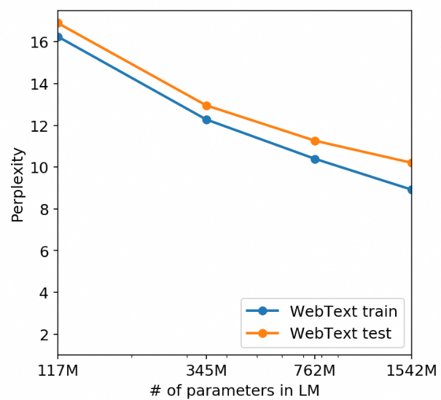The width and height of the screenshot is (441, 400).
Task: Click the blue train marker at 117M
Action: pyautogui.click(x=58, y=36)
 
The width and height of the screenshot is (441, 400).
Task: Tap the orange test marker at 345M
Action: pyautogui.click(x=207, y=106)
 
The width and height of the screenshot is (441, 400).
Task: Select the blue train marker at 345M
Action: pyautogui.click(x=207, y=119)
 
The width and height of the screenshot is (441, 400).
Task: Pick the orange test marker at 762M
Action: pyautogui.click(x=315, y=141)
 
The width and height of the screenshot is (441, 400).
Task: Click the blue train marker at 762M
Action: pyautogui.click(x=315, y=159)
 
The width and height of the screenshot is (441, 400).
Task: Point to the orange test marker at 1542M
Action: pyautogui.click(x=411, y=162)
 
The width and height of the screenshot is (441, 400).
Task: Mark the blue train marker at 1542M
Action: pyautogui.click(x=411, y=189)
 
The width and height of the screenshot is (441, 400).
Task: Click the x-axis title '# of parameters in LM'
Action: pyautogui.click(x=234, y=391)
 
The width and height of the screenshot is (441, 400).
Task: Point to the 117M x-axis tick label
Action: pyautogui.click(x=58, y=371)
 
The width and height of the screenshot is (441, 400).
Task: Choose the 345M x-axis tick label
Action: pyautogui.click(x=207, y=371)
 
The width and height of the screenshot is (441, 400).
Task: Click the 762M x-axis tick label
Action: pyautogui.click(x=315, y=371)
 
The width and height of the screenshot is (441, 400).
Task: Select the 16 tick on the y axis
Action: pyautogui.click(x=39, y=42)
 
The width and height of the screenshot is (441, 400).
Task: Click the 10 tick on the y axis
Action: pyautogui.click(x=39, y=168)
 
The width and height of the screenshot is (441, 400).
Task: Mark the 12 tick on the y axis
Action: pyautogui.click(x=39, y=126)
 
